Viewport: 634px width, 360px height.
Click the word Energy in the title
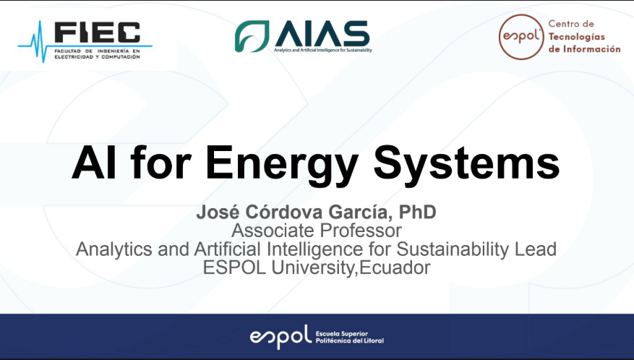[282, 165]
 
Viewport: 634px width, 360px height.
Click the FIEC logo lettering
[98, 33]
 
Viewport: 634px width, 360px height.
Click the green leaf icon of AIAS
[252, 36]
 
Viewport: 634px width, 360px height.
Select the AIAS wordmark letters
[322, 33]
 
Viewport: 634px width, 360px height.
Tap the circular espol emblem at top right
[521, 37]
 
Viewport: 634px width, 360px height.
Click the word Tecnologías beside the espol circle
[577, 37]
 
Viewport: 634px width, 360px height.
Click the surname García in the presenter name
[360, 213]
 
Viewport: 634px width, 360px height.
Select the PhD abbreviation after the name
[418, 212]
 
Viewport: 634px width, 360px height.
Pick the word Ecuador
[395, 267]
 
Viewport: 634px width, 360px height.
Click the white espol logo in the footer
[280, 337]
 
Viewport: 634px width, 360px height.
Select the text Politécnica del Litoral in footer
[349, 340]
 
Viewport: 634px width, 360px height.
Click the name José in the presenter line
[219, 212]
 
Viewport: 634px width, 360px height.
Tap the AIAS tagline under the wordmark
[322, 50]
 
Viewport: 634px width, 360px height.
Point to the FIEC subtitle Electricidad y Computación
[97, 57]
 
